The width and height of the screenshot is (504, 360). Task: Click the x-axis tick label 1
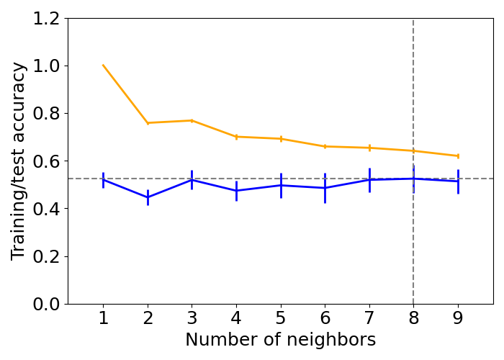[103, 318]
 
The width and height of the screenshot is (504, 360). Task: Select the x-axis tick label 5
[281, 318]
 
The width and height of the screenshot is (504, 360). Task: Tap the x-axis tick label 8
[413, 318]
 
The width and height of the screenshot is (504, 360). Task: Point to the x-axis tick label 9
[458, 318]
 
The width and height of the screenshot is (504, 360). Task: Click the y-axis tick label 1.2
[46, 19]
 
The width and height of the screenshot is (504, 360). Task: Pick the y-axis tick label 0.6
[46, 161]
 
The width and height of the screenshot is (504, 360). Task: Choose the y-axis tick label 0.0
[46, 304]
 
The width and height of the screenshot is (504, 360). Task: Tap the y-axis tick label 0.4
[46, 209]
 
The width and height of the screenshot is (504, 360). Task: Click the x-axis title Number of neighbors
[280, 340]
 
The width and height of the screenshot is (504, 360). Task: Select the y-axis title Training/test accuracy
[19, 161]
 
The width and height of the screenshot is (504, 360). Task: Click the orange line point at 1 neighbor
[103, 66]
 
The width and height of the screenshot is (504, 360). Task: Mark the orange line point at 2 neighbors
[148, 123]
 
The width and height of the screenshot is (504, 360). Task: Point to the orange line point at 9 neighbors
[458, 156]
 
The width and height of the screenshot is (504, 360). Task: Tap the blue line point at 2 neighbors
[148, 197]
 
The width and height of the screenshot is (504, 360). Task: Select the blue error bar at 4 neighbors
[236, 191]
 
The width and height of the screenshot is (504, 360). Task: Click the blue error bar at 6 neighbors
[325, 188]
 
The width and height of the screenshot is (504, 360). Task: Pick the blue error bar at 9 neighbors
[458, 181]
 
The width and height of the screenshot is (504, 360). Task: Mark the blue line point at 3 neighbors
[192, 179]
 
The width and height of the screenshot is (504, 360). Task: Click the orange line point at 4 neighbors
[236, 137]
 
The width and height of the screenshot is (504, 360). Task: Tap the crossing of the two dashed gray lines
[413, 179]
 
